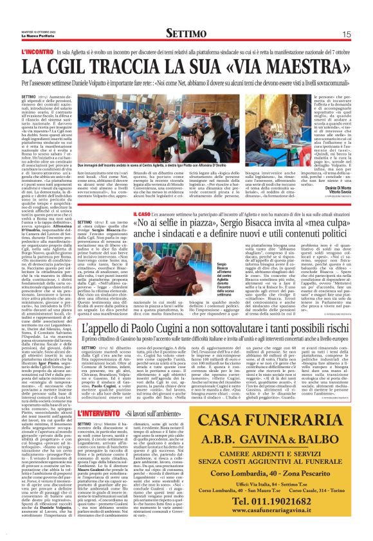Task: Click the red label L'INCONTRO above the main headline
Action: coord(37,50)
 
